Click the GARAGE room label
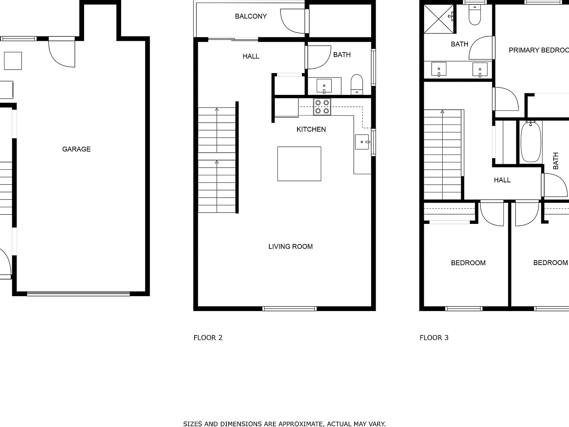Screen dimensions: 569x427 [x=76, y=149]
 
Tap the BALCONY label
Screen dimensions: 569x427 [x=251, y=16]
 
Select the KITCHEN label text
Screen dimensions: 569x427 [x=311, y=129]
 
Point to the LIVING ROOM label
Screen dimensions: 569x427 [x=290, y=246]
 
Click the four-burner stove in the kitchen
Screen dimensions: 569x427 [x=322, y=107]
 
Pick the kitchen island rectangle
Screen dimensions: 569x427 [x=299, y=164]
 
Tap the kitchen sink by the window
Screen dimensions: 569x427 [x=362, y=142]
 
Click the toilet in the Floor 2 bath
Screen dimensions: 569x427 [x=357, y=85]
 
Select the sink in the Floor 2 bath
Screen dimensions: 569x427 [x=324, y=86]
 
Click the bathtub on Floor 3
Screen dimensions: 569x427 [x=531, y=142]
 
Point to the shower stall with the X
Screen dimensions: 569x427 [x=439, y=19]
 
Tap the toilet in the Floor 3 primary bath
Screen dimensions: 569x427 [x=475, y=15]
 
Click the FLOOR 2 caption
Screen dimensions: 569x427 [x=208, y=338]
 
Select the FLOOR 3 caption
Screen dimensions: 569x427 [x=434, y=338]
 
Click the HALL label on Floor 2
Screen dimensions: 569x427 [x=251, y=56]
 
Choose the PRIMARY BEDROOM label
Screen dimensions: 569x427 [x=539, y=50]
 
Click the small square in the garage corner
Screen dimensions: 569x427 [x=13, y=61]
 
